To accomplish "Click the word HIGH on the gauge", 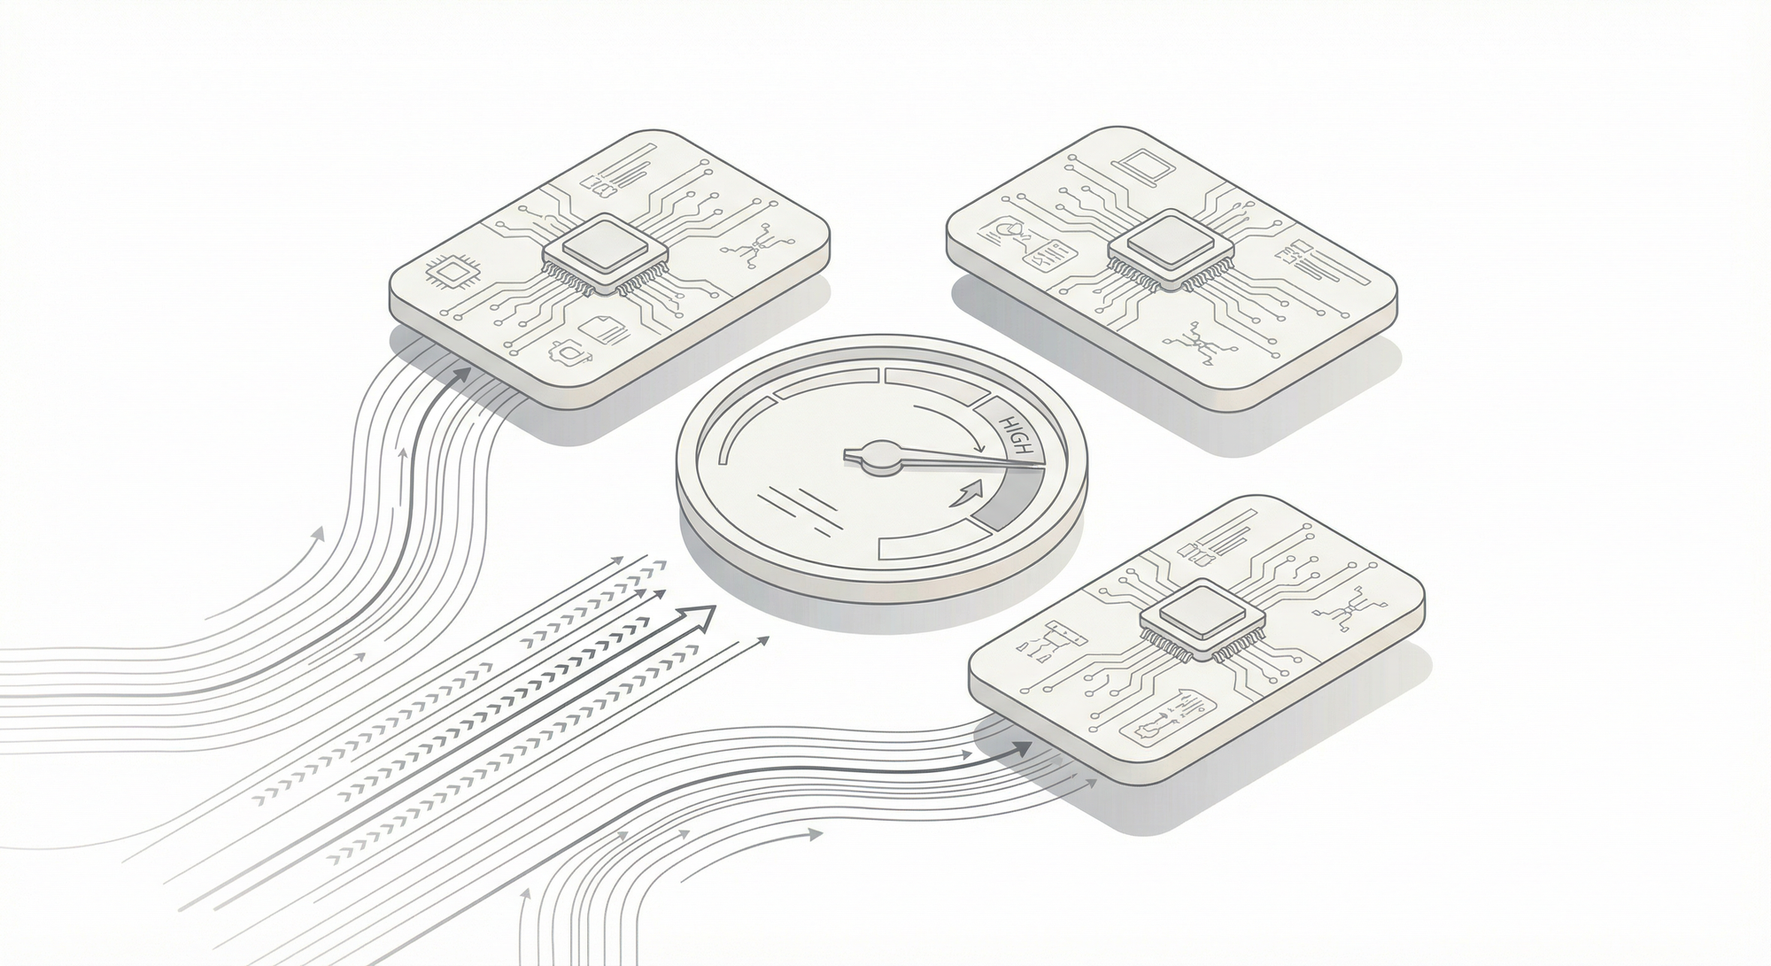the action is (1015, 437).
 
